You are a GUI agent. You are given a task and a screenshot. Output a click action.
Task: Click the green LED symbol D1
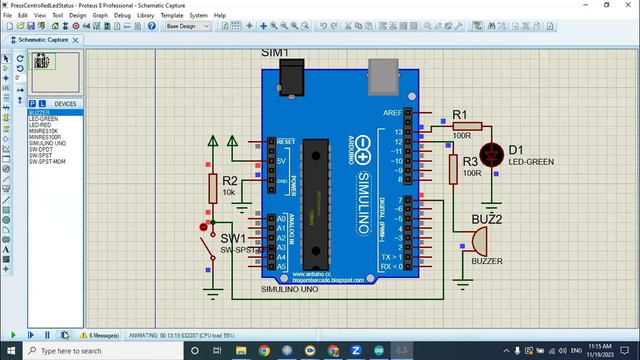[491, 155]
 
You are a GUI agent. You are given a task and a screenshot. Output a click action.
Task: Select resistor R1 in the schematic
[467, 126]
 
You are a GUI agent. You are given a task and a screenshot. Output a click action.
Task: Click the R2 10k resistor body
[213, 188]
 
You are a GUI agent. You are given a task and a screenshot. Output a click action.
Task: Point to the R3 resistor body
[453, 169]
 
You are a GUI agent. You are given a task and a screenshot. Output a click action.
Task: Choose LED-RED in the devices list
[40, 125]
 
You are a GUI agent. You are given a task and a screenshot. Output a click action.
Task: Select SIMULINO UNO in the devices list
[47, 143]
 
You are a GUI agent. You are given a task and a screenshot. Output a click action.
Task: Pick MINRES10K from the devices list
[43, 131]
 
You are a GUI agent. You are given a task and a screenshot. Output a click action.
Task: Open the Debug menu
[122, 15]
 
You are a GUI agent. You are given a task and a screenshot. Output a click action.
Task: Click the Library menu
[145, 15]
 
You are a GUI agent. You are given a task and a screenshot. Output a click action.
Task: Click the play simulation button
[13, 335]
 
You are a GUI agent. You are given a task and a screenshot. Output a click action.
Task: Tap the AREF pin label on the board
[392, 113]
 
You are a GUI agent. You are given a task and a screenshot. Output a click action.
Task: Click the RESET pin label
[286, 141]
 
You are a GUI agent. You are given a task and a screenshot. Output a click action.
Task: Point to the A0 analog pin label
[281, 218]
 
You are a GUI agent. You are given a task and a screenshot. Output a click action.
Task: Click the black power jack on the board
[292, 78]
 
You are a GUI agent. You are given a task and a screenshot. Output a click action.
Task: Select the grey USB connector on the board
[383, 76]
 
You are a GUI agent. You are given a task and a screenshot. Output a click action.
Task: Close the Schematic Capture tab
[75, 40]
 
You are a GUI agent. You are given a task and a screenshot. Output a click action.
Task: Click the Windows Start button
[11, 350]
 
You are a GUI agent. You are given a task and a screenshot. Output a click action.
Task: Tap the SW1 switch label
[233, 238]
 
